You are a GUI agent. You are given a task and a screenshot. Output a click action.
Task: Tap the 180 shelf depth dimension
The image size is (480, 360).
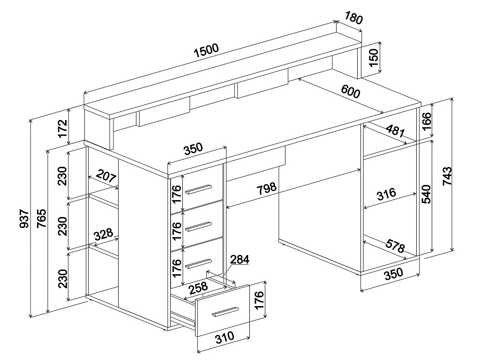pos(354,18)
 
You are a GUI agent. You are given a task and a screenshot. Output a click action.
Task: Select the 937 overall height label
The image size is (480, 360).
pos(24,219)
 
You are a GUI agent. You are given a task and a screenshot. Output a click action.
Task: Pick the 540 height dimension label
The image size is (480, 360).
pos(426,194)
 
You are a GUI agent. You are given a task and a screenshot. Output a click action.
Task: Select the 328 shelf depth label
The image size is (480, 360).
pos(103,234)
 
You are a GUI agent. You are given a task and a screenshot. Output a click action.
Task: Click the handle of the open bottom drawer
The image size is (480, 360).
pos(225,312)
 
